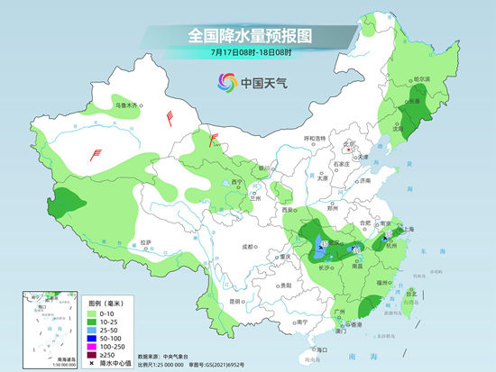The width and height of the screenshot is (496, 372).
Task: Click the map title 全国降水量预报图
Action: point(248,35)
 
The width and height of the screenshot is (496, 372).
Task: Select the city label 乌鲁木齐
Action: point(129,106)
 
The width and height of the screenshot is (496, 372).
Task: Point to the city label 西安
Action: point(288,211)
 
